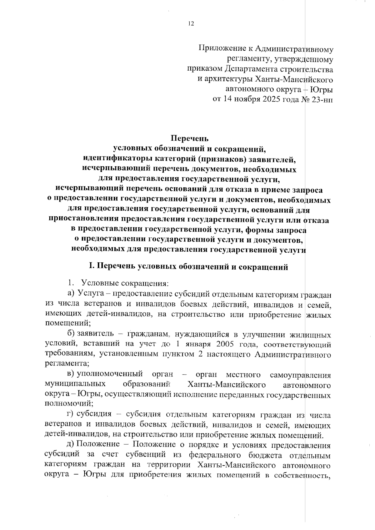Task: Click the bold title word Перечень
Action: pyautogui.click(x=189, y=138)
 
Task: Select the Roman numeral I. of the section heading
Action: pyautogui.click(x=92, y=267)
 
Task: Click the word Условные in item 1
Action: pyautogui.click(x=100, y=284)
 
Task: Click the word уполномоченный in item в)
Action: pyautogui.click(x=110, y=374)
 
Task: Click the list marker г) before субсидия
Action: pyautogui.click(x=71, y=415)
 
